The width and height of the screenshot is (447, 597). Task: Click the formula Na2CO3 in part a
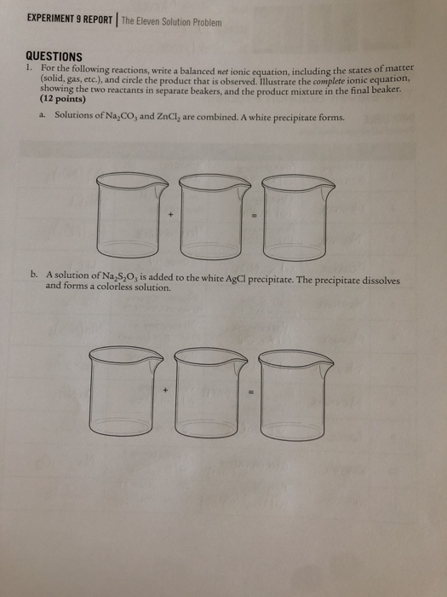click(x=130, y=115)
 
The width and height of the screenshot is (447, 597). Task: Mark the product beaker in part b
click(x=294, y=385)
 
